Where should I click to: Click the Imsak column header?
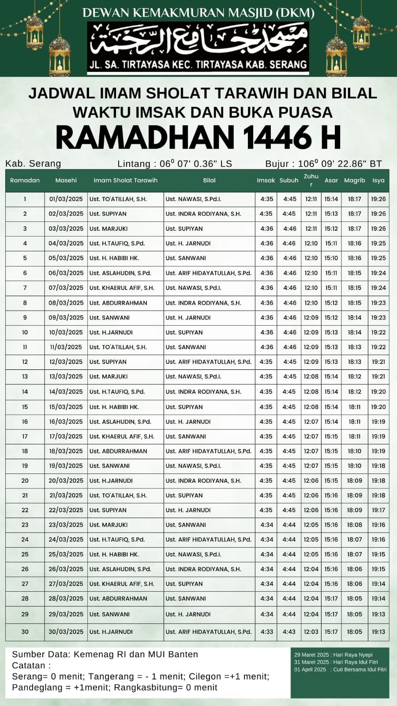point(266,180)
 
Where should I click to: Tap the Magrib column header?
point(355,180)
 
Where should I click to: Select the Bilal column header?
point(209,180)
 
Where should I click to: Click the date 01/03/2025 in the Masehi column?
point(66,199)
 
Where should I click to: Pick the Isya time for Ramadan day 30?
point(378,631)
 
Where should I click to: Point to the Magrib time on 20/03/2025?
point(355,481)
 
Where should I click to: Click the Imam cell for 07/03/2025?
point(122,288)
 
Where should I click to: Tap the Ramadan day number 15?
point(25,407)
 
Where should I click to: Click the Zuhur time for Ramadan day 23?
point(311,525)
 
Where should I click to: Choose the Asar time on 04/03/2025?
point(331,243)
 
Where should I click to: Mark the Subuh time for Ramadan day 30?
point(289,631)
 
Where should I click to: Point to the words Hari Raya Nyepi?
point(353,655)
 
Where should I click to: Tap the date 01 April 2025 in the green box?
point(310,669)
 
